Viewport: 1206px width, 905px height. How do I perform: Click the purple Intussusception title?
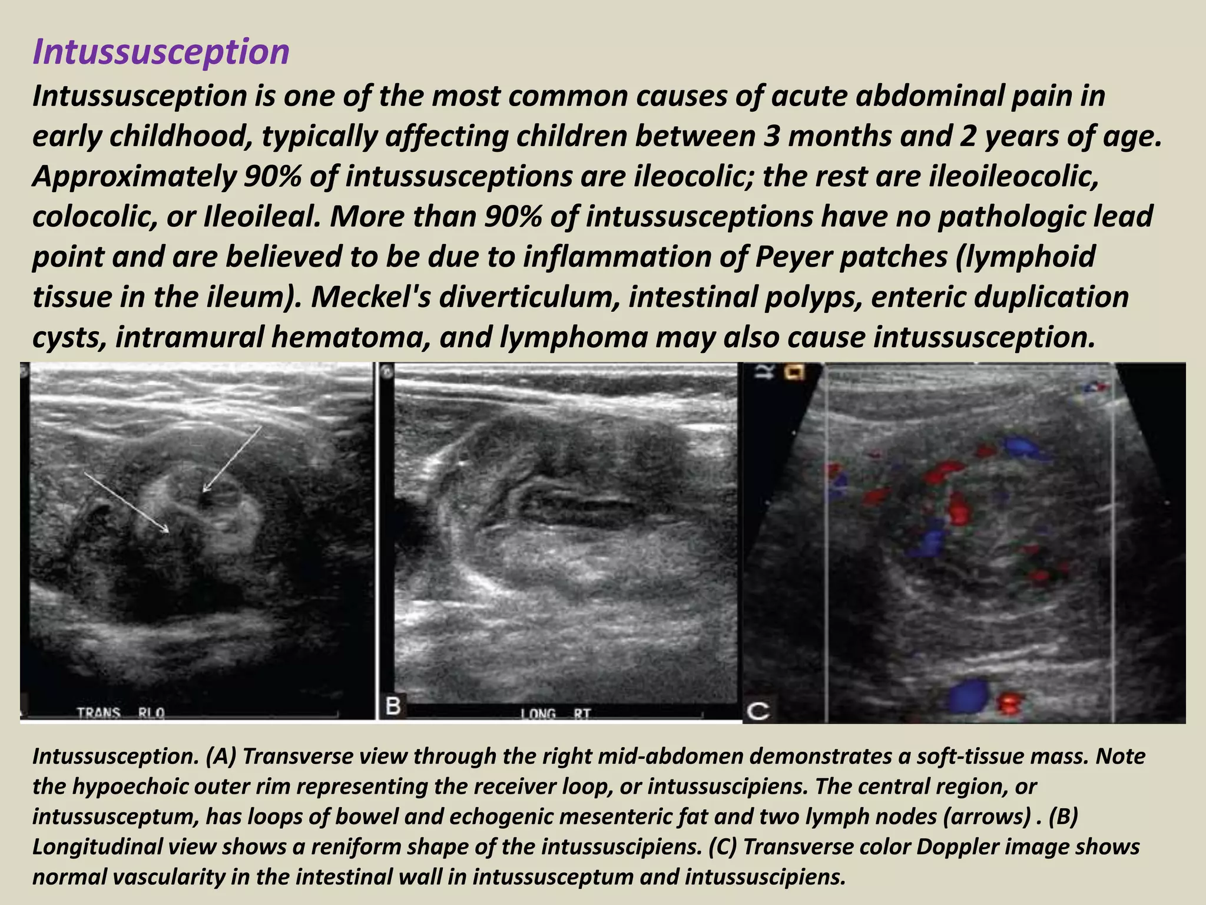pyautogui.click(x=161, y=52)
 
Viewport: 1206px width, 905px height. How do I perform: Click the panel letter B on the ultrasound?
pyautogui.click(x=393, y=706)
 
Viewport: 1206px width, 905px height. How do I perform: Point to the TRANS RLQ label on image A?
pyautogui.click(x=121, y=714)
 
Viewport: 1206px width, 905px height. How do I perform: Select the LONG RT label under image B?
pyautogui.click(x=555, y=714)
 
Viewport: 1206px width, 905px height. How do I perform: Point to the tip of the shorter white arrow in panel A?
pyautogui.click(x=204, y=491)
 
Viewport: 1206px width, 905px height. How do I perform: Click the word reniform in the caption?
pyautogui.click(x=339, y=847)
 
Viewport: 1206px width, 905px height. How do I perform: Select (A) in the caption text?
pyautogui.click(x=221, y=757)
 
